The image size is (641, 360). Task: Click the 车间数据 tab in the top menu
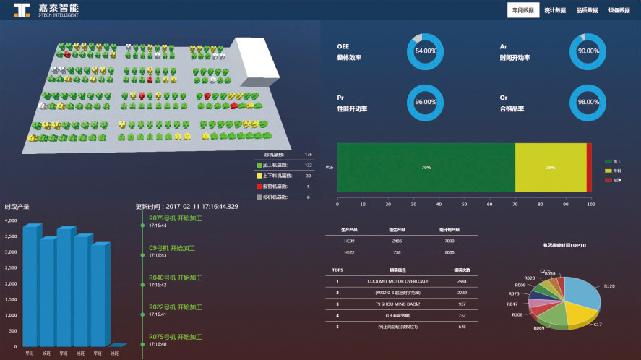[523, 10]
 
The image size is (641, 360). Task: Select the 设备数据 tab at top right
[619, 10]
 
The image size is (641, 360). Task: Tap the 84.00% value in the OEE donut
[426, 51]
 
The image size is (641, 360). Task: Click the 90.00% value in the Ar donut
[588, 51]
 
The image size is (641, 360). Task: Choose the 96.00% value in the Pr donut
[426, 102]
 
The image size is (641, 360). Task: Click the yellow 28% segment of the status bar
[550, 168]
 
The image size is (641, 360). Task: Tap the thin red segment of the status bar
[589, 168]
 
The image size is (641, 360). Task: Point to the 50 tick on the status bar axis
[465, 205]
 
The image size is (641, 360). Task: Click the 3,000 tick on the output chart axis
[11, 252]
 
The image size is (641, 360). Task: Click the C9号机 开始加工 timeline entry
[171, 248]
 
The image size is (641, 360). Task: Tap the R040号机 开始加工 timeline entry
[175, 278]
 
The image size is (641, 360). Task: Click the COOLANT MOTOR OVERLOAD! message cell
[397, 281]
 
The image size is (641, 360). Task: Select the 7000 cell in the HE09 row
[449, 241]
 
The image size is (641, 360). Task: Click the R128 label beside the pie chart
[608, 286]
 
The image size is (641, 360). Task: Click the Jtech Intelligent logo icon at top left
[22, 10]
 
